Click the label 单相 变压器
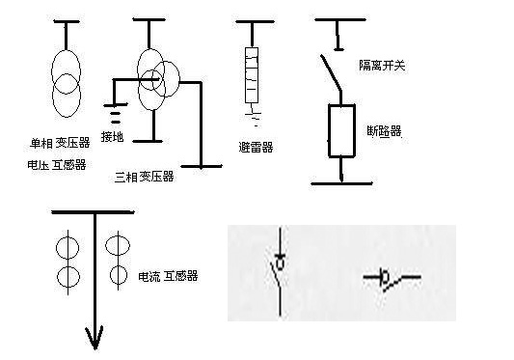[60, 143]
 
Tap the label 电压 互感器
[56, 164]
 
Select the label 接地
[112, 136]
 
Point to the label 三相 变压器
[144, 177]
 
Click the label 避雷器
[256, 148]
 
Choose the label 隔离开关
[382, 66]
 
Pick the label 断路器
[384, 131]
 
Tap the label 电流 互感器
[168, 276]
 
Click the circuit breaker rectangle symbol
[341, 131]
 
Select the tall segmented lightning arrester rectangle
[252, 75]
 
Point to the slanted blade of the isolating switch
[331, 72]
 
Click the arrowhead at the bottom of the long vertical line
[95, 338]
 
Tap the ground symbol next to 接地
[116, 114]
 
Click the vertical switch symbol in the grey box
[280, 271]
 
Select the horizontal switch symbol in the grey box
[392, 279]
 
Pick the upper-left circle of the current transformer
[68, 248]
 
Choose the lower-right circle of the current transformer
[119, 275]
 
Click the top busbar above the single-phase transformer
[67, 21]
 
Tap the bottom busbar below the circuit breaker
[341, 183]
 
